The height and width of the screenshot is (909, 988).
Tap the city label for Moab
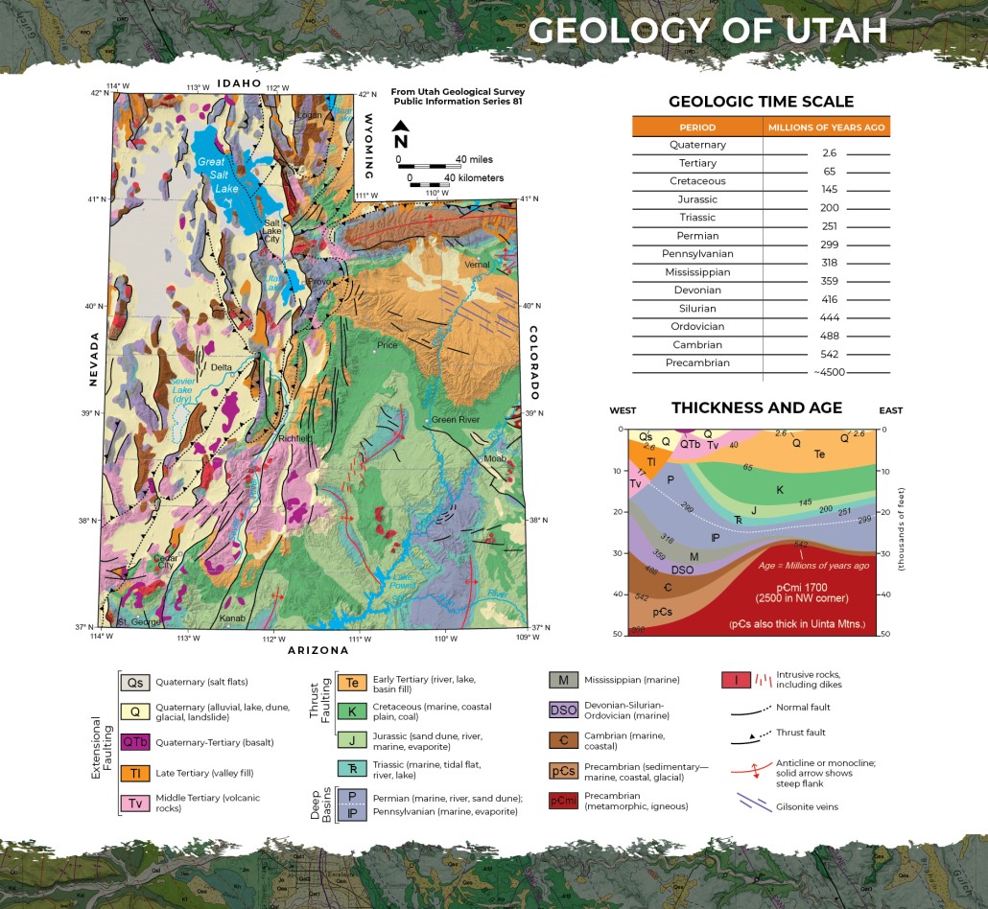pos(494,458)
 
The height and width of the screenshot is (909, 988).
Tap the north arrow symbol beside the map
pos(401,135)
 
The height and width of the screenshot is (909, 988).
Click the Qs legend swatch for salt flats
pos(134,683)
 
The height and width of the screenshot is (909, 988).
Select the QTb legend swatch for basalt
pos(134,742)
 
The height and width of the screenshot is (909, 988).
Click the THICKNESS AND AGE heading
pos(757,408)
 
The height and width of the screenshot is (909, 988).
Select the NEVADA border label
pos(94,360)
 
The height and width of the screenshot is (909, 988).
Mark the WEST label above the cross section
pos(624,411)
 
